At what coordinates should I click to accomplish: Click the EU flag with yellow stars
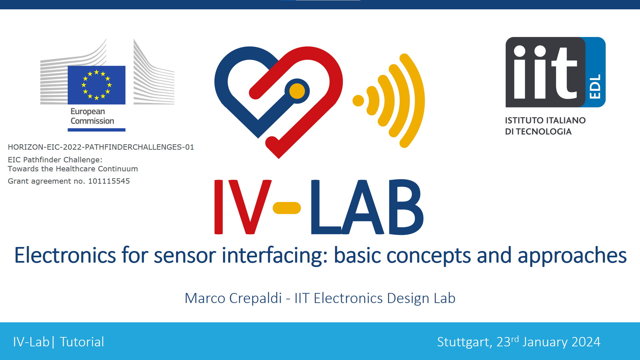tap(97, 85)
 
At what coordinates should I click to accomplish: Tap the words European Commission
tap(92, 116)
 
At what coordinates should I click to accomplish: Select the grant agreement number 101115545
tap(109, 181)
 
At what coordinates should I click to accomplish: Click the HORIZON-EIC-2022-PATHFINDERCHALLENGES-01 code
tap(101, 147)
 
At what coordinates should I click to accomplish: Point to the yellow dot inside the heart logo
tap(297, 91)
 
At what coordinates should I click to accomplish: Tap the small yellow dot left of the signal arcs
tap(358, 101)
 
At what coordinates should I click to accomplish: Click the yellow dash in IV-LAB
tap(287, 208)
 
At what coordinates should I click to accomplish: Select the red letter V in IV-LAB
tap(250, 207)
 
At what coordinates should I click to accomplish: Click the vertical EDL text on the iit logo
tap(595, 86)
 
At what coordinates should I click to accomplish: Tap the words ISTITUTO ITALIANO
tap(545, 120)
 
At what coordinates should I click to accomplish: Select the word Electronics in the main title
tap(65, 255)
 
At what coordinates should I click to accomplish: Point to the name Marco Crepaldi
tap(233, 298)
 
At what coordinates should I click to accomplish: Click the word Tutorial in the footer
tap(82, 342)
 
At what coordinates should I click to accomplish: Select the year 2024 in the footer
tap(586, 342)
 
